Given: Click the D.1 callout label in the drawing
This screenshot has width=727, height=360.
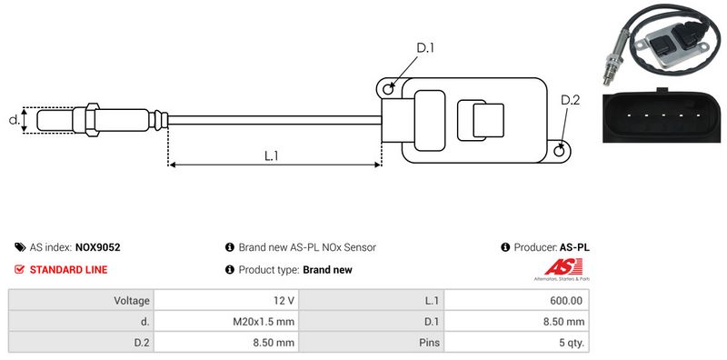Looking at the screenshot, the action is point(424,47).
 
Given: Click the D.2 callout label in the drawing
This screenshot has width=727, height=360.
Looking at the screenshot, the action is point(570,100).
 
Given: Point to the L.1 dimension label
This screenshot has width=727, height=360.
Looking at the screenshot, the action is point(271,155).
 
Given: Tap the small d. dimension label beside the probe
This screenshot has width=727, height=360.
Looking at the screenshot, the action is point(15,120).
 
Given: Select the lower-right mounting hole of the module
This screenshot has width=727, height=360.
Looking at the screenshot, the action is point(559,150).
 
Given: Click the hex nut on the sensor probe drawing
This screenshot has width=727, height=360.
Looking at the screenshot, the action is point(92,120).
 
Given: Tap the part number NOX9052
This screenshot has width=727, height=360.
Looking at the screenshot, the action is point(97,247).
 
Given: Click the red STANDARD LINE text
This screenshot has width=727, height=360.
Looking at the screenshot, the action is point(69,269).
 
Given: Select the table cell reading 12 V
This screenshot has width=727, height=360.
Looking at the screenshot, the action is point(226,300).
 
